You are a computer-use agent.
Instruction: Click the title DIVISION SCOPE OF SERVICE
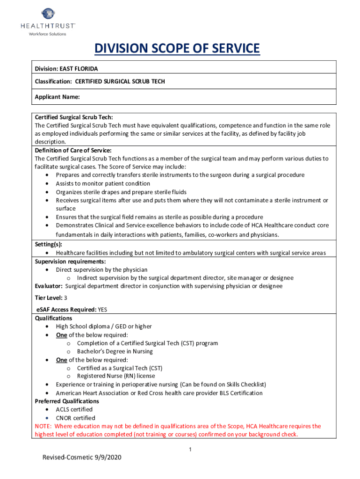[x=177, y=48]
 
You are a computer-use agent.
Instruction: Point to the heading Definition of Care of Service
[x=73, y=150]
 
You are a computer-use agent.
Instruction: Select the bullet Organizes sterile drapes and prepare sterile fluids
[x=121, y=192]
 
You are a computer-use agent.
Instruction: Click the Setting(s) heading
[x=48, y=244]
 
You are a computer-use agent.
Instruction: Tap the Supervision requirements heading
[x=70, y=261]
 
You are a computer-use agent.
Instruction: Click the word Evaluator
[x=49, y=286]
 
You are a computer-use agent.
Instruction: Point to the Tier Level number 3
[x=65, y=298]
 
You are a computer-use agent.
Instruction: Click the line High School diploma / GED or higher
[x=104, y=326]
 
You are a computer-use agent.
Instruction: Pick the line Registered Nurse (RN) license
[x=116, y=376]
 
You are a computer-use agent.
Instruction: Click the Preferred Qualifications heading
[x=67, y=401]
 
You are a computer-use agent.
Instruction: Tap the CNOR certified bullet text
[x=75, y=418]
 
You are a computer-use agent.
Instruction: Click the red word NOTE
[x=43, y=426]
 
